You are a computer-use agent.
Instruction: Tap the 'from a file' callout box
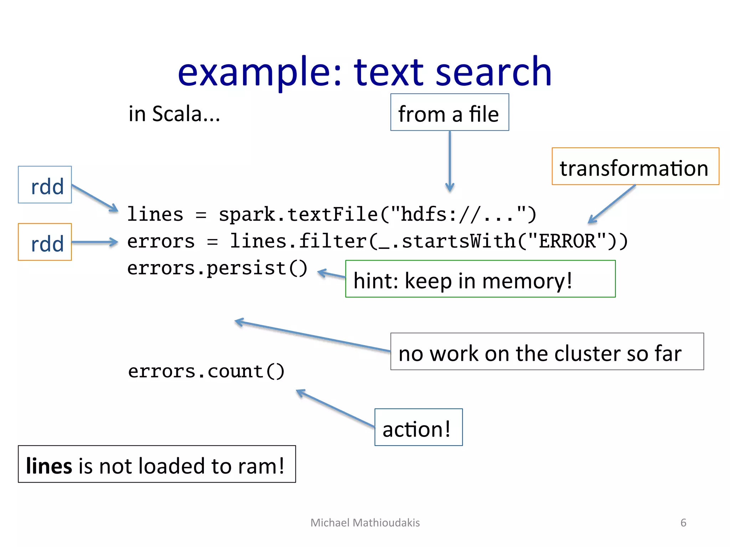pyautogui.click(x=449, y=113)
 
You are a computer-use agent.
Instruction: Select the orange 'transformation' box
pyautogui.click(x=635, y=167)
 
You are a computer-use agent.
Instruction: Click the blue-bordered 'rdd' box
pyautogui.click(x=45, y=185)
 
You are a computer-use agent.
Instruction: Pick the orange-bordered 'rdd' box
pyautogui.click(x=45, y=242)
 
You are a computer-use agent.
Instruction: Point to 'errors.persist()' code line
pyautogui.click(x=217, y=268)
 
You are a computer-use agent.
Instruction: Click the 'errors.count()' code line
pyautogui.click(x=206, y=371)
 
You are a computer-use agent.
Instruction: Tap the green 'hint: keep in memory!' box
pyautogui.click(x=480, y=279)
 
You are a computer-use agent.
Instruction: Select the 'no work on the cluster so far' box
pyautogui.click(x=546, y=352)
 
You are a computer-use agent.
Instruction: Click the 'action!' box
pyautogui.click(x=418, y=427)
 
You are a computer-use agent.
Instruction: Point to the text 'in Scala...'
pyautogui.click(x=174, y=114)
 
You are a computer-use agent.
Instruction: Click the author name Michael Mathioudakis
pyautogui.click(x=365, y=522)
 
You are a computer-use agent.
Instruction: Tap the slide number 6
pyautogui.click(x=683, y=522)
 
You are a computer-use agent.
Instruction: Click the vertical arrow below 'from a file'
pyautogui.click(x=450, y=160)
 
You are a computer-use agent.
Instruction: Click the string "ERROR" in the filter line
pyautogui.click(x=567, y=241)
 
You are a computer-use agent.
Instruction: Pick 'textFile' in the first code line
pyautogui.click(x=332, y=215)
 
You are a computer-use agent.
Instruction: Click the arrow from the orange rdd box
pyautogui.click(x=94, y=242)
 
